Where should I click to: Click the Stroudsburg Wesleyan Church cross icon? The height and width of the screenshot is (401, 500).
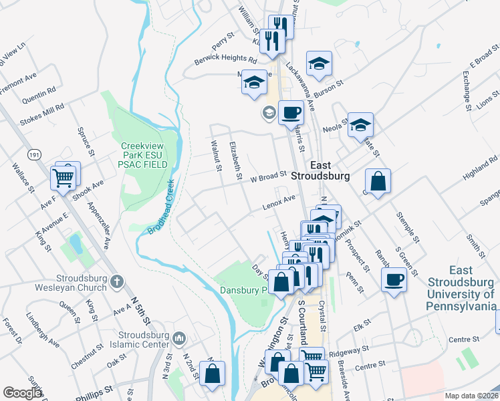coord(117,281)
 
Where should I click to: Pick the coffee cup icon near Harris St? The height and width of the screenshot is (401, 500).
coord(290,112)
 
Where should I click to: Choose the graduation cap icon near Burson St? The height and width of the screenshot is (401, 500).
coord(319,63)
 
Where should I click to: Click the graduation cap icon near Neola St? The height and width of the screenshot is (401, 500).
coord(360,124)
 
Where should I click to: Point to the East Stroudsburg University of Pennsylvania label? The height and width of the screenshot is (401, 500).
coord(461,288)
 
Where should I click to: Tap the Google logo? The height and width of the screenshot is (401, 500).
coord(22,393)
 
